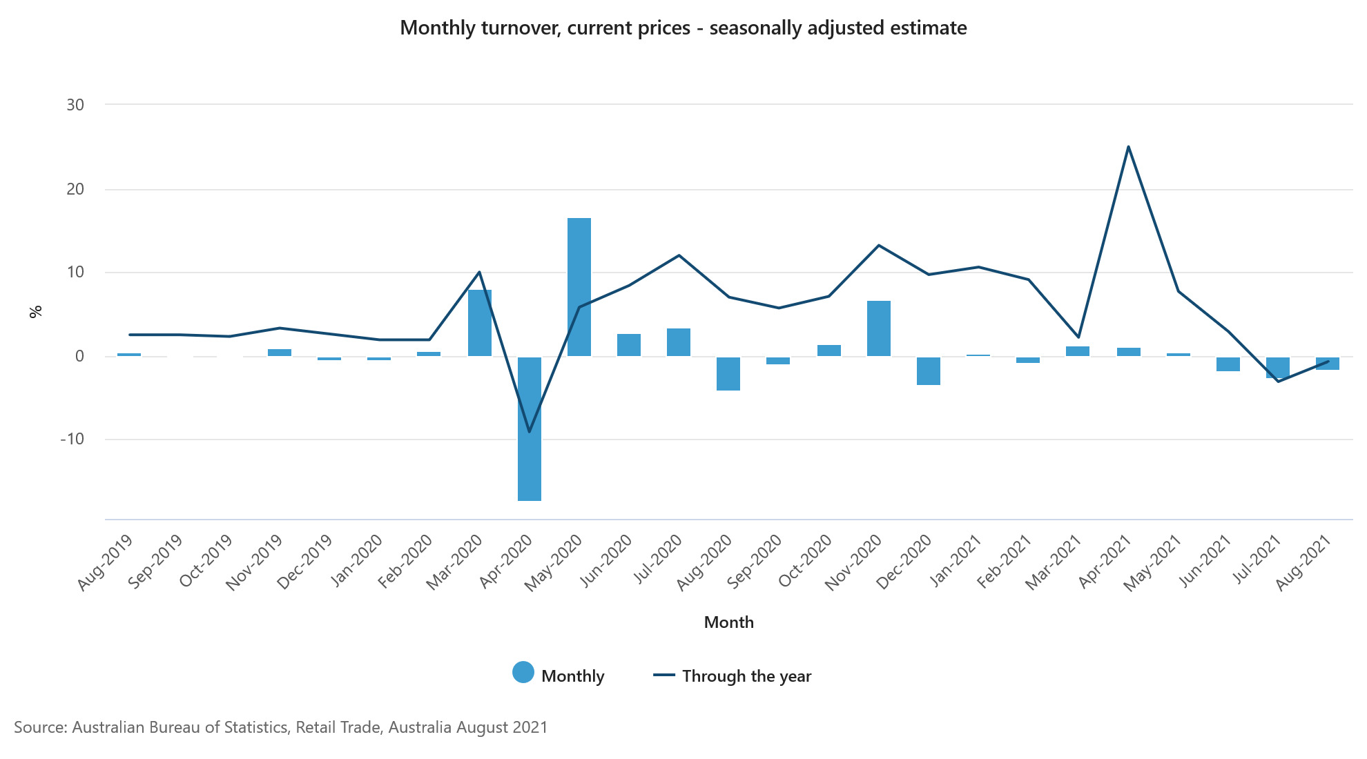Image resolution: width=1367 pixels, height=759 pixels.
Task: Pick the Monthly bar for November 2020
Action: pos(879,328)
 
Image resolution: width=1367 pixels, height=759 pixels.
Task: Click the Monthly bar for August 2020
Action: pos(728,373)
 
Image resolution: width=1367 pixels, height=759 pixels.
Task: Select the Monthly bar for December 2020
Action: pos(929,371)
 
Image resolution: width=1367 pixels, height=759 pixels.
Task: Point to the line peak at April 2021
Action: pos(1128,147)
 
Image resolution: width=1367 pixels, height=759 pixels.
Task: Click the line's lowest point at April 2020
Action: pos(530,432)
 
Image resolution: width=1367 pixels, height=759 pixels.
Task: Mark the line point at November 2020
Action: pos(878,245)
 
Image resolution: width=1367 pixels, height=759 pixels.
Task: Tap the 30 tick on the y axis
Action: pos(75,105)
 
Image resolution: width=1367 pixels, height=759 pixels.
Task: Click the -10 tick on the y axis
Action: pos(72,439)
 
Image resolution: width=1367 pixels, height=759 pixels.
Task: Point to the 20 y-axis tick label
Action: pos(75,189)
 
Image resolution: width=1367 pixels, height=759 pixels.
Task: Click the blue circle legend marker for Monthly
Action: pos(523,673)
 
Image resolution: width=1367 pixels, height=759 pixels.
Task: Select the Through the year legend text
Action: pos(746,676)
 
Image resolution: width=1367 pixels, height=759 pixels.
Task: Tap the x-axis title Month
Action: pos(728,622)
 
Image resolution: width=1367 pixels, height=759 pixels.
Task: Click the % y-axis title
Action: pos(36,311)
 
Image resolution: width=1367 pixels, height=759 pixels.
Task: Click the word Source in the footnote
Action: pos(39,727)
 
